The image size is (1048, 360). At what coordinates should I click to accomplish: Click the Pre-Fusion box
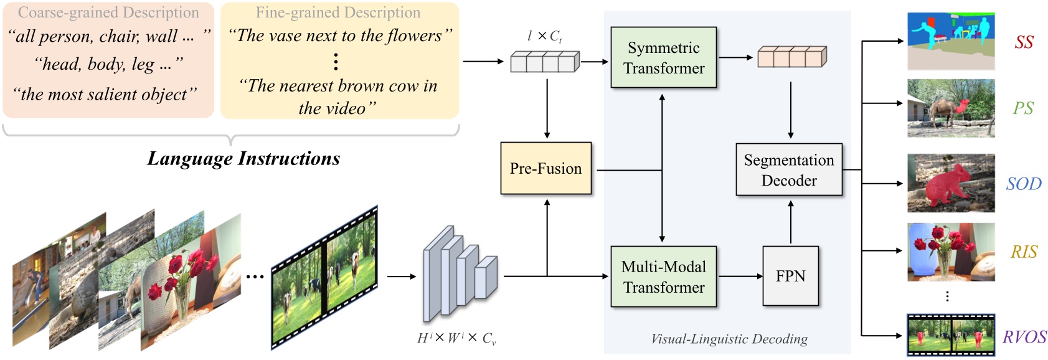(546, 168)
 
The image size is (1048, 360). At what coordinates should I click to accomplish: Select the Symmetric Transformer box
(663, 57)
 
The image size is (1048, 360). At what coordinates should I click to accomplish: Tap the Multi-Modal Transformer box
(663, 277)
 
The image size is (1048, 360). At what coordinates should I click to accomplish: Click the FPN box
(790, 276)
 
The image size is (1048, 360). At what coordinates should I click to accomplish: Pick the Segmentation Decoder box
(788, 170)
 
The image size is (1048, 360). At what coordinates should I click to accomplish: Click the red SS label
(1024, 42)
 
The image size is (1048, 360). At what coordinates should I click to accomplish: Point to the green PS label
(1023, 108)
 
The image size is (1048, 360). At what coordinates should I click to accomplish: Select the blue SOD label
(1024, 184)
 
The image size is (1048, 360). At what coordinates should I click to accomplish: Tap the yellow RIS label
(1024, 252)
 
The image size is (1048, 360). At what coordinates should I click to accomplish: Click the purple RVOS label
(1024, 337)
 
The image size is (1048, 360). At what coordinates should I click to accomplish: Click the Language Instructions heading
(243, 158)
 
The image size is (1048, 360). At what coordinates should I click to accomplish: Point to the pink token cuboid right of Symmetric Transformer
(791, 57)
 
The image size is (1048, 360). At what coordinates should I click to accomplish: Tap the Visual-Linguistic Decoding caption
(729, 339)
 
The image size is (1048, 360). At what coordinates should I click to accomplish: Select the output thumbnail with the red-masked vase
(950, 252)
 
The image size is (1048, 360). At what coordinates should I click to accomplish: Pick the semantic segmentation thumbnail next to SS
(950, 40)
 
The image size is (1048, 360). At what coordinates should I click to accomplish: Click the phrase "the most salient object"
(105, 94)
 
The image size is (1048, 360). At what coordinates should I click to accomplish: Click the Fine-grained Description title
(338, 12)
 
